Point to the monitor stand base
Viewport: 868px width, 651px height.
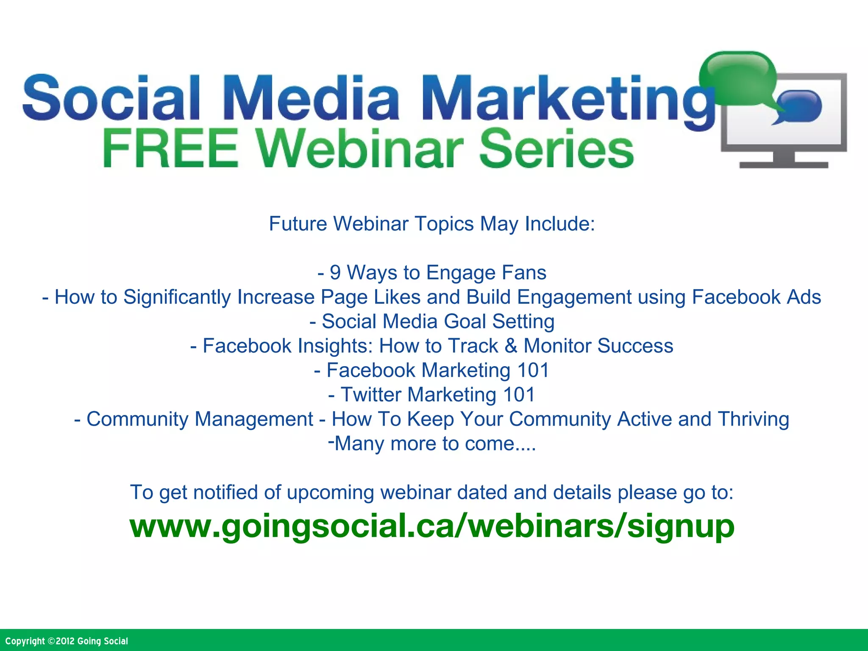[x=784, y=164]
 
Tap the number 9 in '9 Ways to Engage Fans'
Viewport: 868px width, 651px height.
[x=335, y=273]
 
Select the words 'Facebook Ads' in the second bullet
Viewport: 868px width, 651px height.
[x=756, y=297]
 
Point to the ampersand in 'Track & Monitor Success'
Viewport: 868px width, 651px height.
[x=511, y=346]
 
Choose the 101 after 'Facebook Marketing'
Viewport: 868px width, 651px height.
[x=533, y=370]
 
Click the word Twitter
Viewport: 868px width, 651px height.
[x=371, y=395]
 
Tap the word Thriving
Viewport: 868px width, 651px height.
[x=753, y=419]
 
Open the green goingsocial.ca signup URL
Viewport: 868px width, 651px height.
[x=432, y=526]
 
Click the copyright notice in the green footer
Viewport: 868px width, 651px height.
[x=67, y=641]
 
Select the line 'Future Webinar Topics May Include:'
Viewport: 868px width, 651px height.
[x=432, y=224]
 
